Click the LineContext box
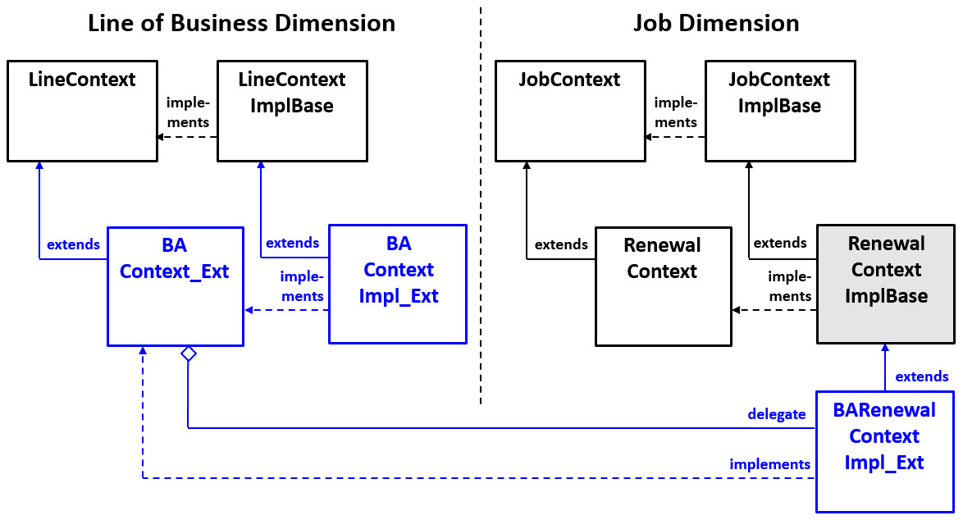(x=82, y=111)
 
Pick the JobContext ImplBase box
(x=779, y=111)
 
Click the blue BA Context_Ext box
(x=175, y=287)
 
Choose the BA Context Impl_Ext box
(x=398, y=284)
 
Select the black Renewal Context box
(x=662, y=287)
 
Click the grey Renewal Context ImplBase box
(x=886, y=284)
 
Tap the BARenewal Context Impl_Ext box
(x=884, y=452)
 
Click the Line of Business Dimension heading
(x=241, y=23)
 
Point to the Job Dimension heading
(x=716, y=23)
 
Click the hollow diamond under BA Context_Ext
(x=189, y=354)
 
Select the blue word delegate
(x=776, y=414)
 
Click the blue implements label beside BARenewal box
(x=769, y=464)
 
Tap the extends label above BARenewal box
(x=921, y=377)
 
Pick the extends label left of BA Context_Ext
(x=73, y=244)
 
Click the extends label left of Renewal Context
(x=561, y=244)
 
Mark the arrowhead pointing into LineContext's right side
(x=161, y=137)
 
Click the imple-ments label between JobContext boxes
(x=676, y=112)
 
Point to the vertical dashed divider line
(x=481, y=205)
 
